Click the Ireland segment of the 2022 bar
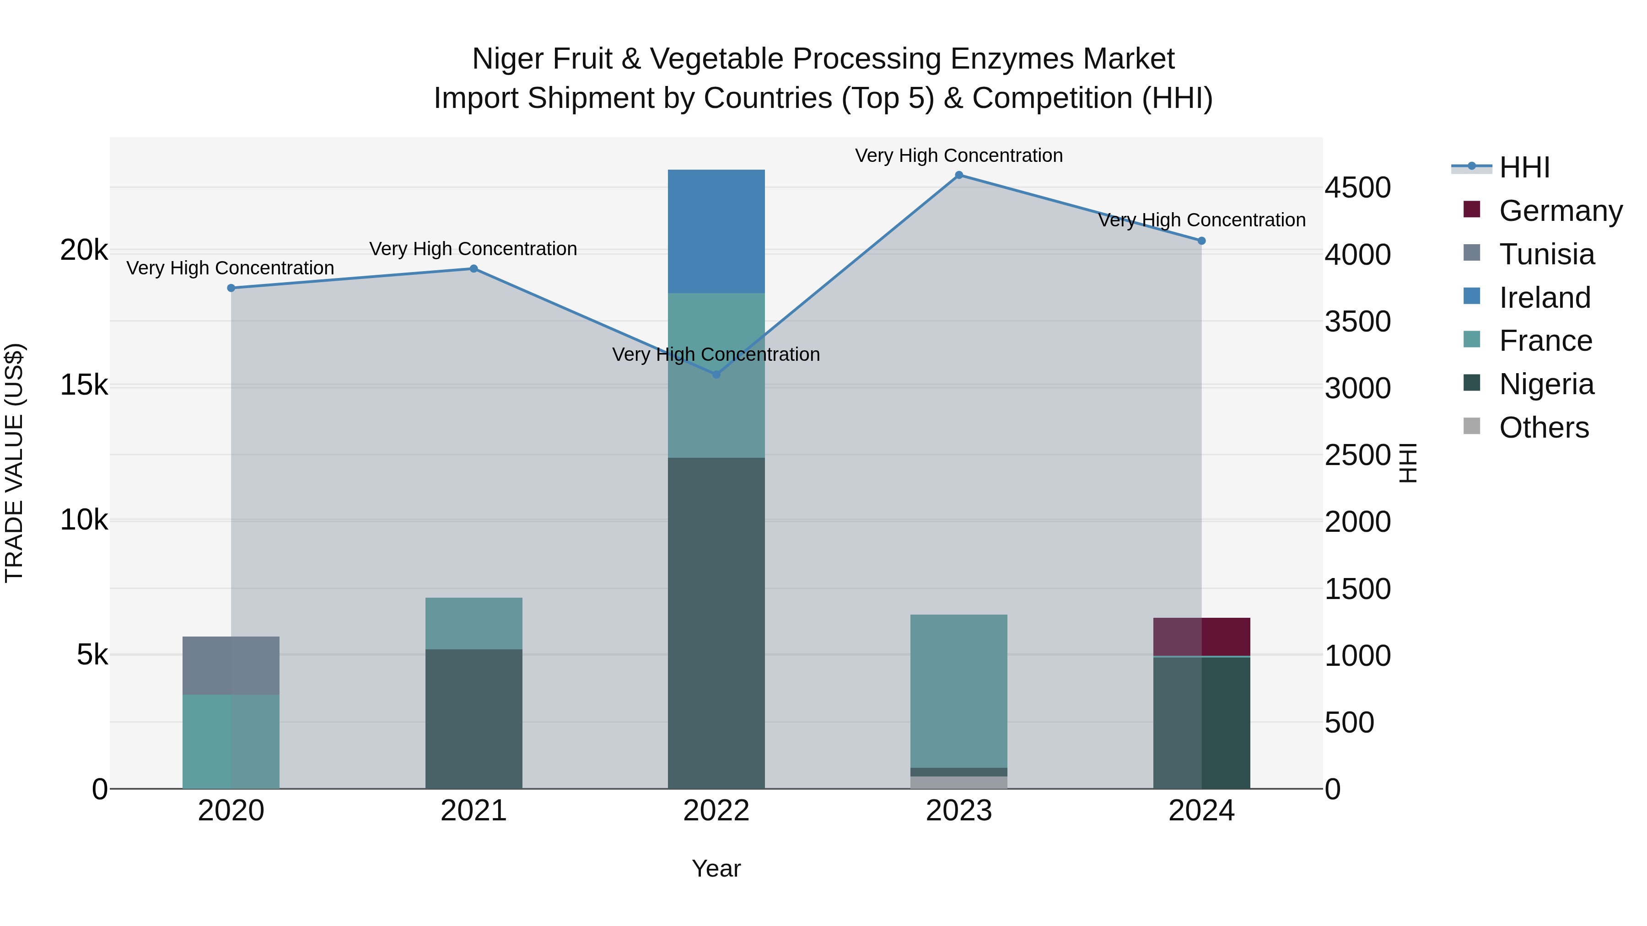pyautogui.click(x=716, y=231)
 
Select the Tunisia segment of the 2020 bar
pyautogui.click(x=231, y=665)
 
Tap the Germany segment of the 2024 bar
pyautogui.click(x=1201, y=637)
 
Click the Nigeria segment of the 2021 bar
pyautogui.click(x=474, y=719)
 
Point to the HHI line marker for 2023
pyautogui.click(x=958, y=175)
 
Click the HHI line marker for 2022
pyautogui.click(x=716, y=375)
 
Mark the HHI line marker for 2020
pyautogui.click(x=231, y=288)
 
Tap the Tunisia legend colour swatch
pyautogui.click(x=1472, y=252)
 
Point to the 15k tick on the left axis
pyautogui.click(x=84, y=385)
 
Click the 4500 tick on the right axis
pyautogui.click(x=1357, y=188)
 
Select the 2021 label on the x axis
pyautogui.click(x=474, y=811)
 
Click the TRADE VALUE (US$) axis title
pyautogui.click(x=15, y=463)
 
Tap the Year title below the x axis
pyautogui.click(x=716, y=868)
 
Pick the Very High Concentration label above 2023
pyautogui.click(x=958, y=155)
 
